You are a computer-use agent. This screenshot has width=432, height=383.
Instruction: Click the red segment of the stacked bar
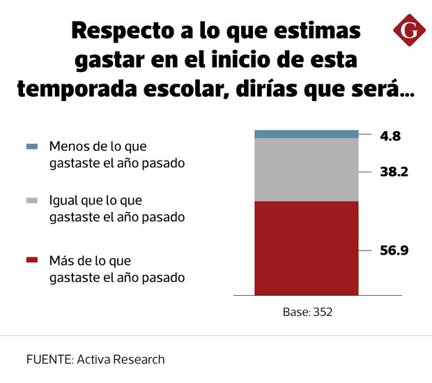pos(306,248)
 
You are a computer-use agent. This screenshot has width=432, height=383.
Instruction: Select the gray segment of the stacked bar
pos(306,170)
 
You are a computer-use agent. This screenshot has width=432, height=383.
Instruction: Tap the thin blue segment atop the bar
pos(306,134)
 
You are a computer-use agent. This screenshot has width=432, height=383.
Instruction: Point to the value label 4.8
pos(390,136)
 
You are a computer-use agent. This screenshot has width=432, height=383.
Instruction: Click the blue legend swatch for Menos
pos(31,147)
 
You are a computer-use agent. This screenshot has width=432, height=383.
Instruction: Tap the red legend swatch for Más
pos(31,261)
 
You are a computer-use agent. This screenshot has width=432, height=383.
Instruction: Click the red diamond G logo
pos(408,30)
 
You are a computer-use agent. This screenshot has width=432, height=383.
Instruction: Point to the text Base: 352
pos(307,312)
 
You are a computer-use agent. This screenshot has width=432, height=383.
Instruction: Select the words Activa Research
pos(121,360)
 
